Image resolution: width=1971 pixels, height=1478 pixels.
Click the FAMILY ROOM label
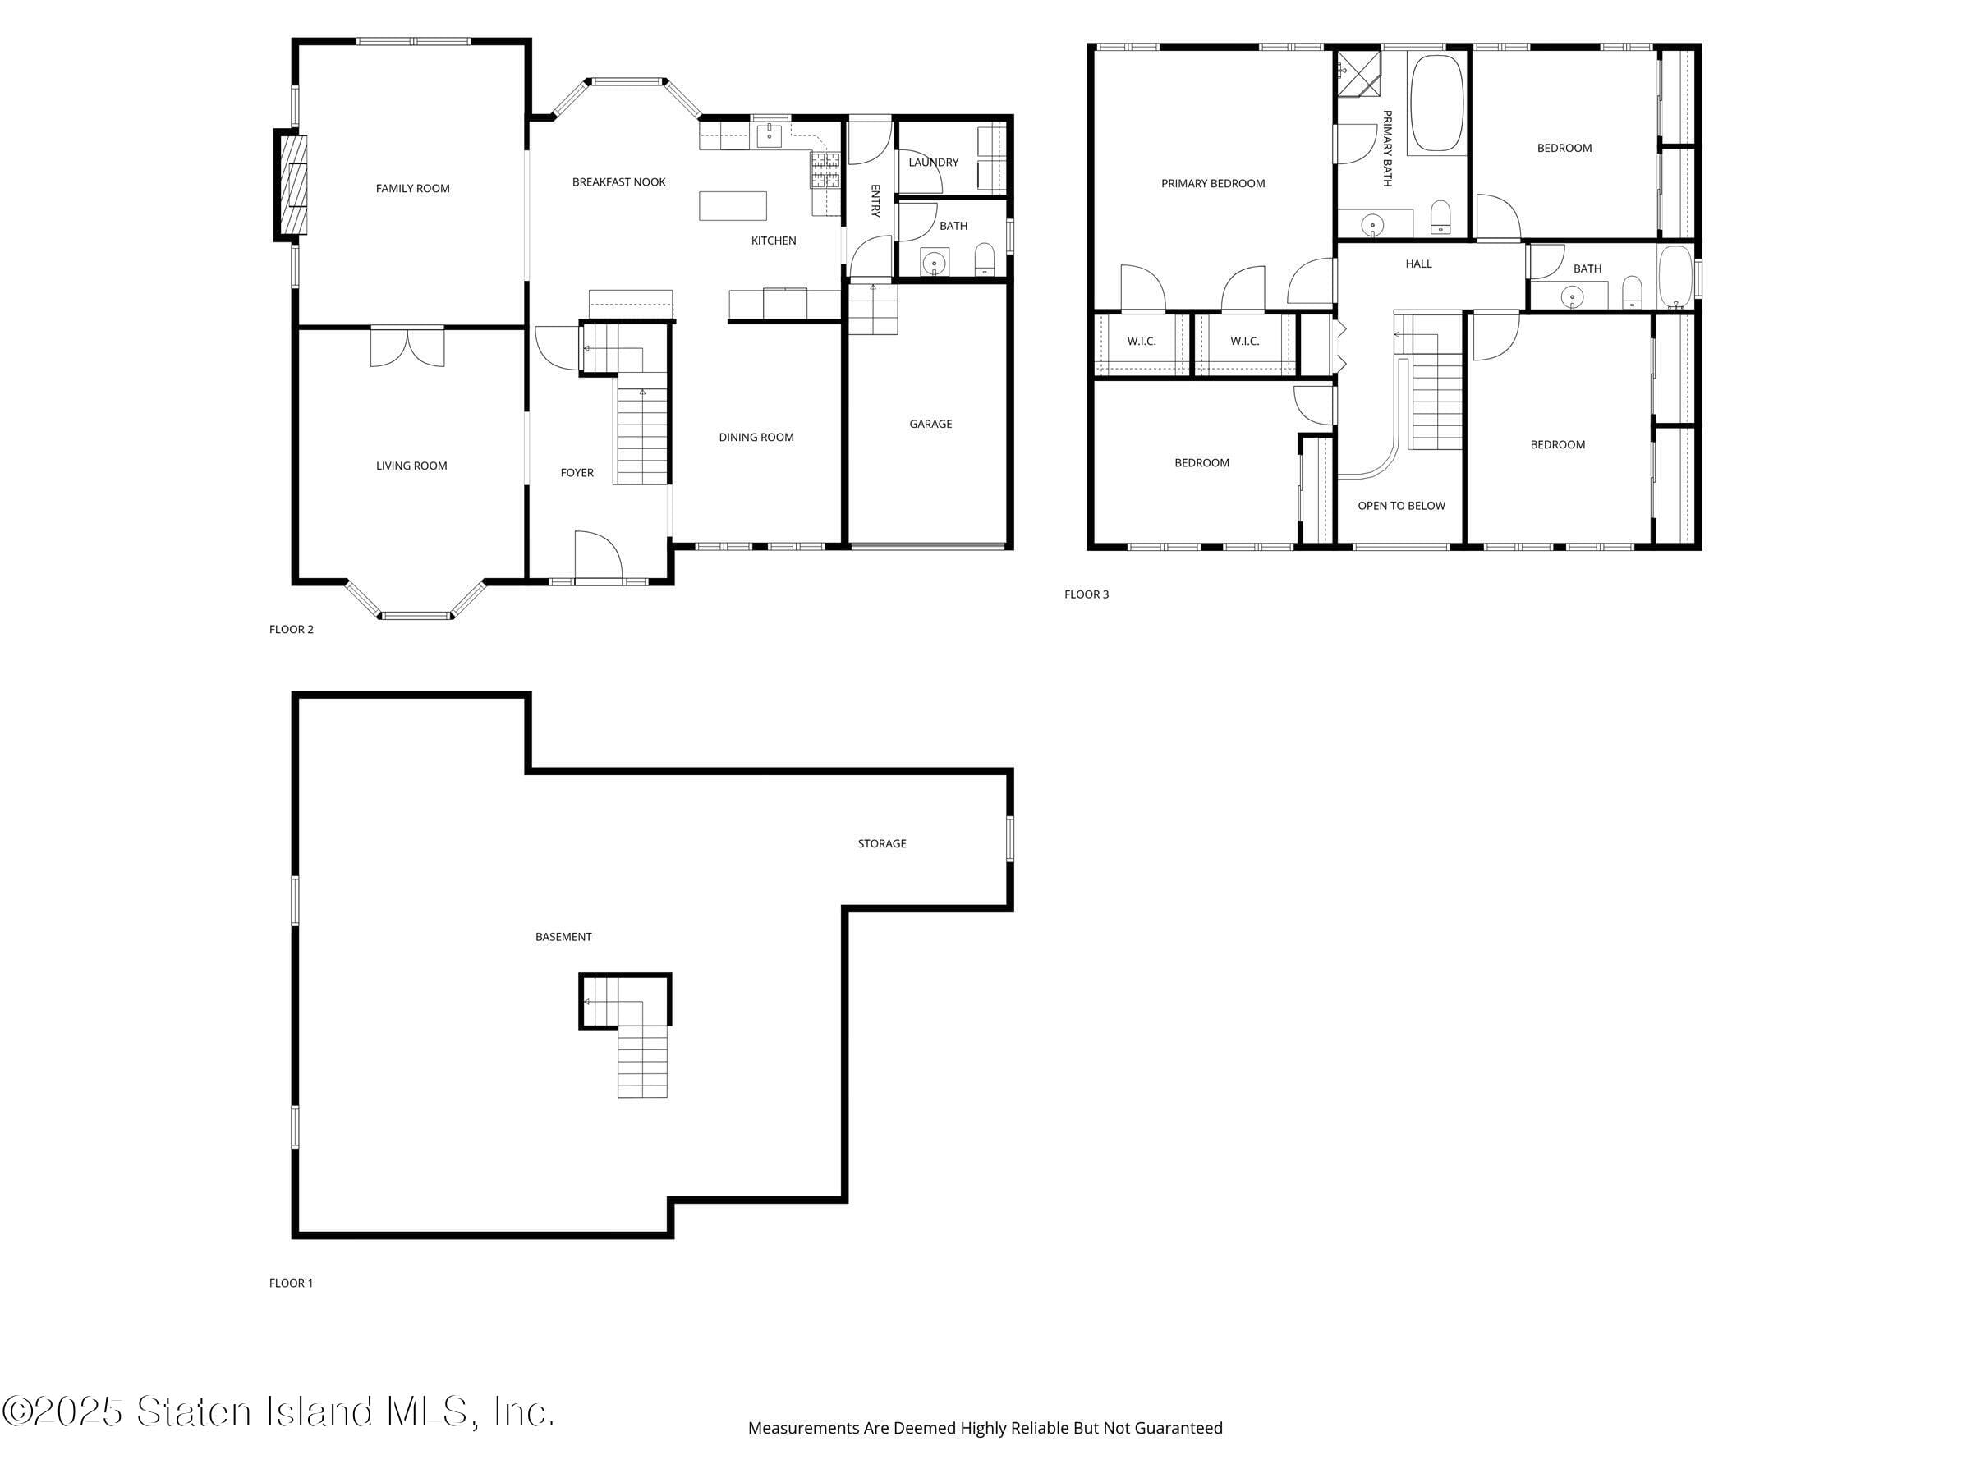tap(412, 189)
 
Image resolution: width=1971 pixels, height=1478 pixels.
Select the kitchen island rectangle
tap(733, 206)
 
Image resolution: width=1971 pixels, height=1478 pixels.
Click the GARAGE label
tap(930, 424)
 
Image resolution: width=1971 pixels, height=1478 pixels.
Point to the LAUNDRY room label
tap(933, 162)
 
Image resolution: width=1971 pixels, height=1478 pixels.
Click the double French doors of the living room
tap(407, 347)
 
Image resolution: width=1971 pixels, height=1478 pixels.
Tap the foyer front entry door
tap(597, 558)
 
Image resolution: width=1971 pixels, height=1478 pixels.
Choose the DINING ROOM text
tap(756, 438)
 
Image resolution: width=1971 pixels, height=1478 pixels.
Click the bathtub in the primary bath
tap(1437, 103)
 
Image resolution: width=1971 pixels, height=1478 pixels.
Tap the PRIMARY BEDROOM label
tap(1213, 184)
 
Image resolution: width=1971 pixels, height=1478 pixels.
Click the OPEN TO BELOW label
tap(1401, 506)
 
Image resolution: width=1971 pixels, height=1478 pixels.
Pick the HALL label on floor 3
tap(1418, 264)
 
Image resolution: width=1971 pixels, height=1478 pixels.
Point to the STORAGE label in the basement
tap(881, 843)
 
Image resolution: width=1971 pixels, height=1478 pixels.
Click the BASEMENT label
tap(563, 937)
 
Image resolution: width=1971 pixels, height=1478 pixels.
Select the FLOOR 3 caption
tap(1087, 594)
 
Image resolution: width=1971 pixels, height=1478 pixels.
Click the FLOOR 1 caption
tap(291, 1283)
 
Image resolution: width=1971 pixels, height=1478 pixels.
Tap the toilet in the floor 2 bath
tap(984, 259)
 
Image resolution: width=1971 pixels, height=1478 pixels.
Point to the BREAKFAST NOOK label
tap(618, 182)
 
